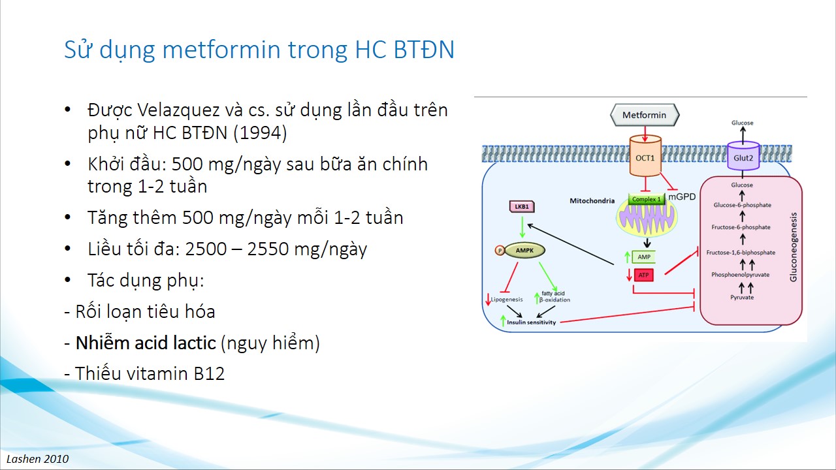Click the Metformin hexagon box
pos(645,115)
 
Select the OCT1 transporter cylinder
pos(645,156)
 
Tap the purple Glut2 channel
pos(743,156)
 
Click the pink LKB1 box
pos(522,207)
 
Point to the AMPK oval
pos(524,250)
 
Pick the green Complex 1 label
pos(647,199)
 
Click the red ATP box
pos(643,275)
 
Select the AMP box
pos(644,257)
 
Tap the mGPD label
pos(682,196)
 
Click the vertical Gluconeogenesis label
pos(794,247)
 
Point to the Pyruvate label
pos(742,297)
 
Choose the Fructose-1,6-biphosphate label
pos(741,253)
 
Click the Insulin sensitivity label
pos(531,322)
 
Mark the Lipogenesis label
pos(506,299)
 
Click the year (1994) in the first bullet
pos(260,133)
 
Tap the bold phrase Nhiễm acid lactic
pos(146,343)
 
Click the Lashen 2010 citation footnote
pos(38,459)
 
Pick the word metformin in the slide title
pos(221,50)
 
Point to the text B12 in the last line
pos(209,373)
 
